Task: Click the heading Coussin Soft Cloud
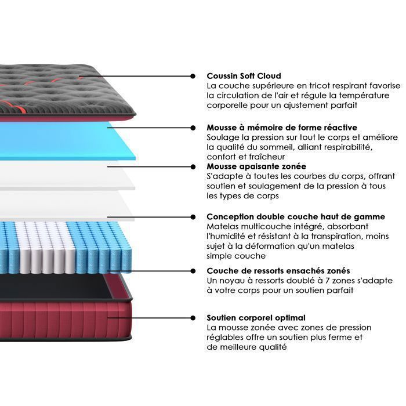[244, 76]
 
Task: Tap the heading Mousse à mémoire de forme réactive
[282, 128]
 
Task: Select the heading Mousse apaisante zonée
[256, 166]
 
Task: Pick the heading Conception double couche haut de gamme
[296, 217]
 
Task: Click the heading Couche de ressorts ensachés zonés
[278, 271]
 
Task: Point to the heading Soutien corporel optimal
[256, 318]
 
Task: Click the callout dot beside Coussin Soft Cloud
[193, 76]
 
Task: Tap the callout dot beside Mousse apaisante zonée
[193, 167]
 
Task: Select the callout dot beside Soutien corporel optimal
[193, 318]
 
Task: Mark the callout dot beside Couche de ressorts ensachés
[193, 271]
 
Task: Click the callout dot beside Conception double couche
[193, 217]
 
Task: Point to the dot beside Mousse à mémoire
[193, 128]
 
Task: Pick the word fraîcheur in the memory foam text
[267, 157]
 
